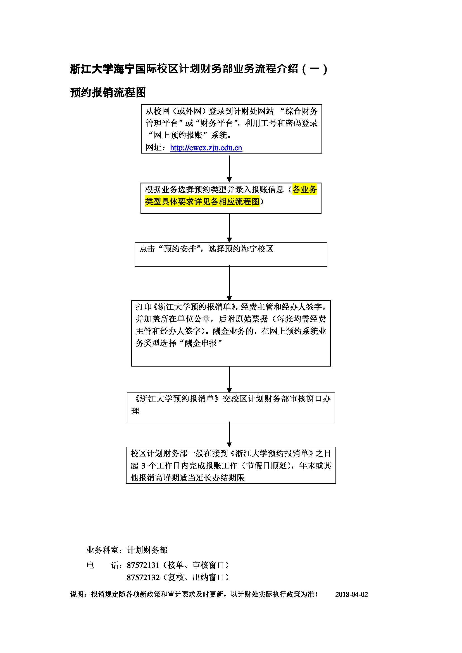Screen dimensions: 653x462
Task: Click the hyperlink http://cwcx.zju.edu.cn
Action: coord(206,148)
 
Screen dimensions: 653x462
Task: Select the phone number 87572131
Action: coord(143,565)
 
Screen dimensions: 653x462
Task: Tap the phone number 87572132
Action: coord(143,577)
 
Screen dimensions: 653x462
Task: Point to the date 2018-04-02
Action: coord(351,594)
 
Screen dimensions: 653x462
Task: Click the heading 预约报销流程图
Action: coord(108,92)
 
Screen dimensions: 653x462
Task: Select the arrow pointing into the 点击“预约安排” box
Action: coord(229,228)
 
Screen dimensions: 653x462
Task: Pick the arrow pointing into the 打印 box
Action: coord(229,283)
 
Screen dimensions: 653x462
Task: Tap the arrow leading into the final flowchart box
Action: coord(229,435)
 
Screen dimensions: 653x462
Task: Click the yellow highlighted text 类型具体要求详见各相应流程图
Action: coord(202,202)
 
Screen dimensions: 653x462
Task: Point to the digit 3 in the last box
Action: coord(143,466)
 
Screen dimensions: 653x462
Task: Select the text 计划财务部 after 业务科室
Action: coord(147,550)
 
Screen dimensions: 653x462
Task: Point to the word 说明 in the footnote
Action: coord(77,594)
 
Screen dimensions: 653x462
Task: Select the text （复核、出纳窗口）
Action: coord(196,577)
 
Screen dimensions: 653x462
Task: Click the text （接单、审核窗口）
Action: coord(196,565)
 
